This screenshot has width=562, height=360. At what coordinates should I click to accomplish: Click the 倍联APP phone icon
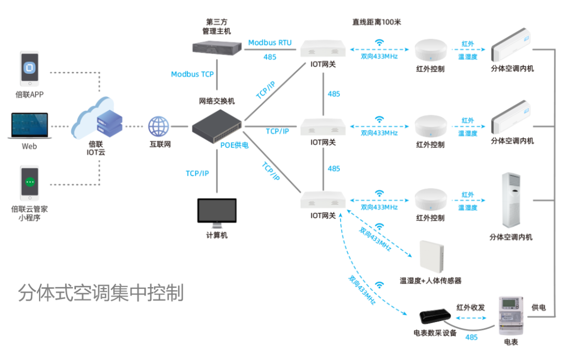click(x=30, y=69)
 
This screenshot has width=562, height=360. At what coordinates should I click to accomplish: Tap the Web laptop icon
click(x=29, y=125)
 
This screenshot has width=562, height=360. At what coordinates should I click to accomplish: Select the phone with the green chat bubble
click(x=30, y=184)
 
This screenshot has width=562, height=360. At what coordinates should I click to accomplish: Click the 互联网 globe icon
click(x=159, y=126)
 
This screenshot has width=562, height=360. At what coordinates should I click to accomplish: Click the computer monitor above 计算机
click(x=216, y=212)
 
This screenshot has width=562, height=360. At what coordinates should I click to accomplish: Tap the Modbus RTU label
click(x=270, y=43)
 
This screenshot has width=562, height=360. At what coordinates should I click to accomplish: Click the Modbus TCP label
click(x=192, y=74)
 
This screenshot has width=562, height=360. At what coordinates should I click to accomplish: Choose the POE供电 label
click(x=234, y=145)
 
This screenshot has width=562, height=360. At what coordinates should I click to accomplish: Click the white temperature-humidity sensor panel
click(x=430, y=257)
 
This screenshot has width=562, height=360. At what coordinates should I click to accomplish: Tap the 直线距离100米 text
click(x=376, y=22)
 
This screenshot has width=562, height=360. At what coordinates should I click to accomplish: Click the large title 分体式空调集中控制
click(x=101, y=293)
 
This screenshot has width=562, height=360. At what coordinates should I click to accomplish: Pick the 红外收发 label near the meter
click(x=470, y=307)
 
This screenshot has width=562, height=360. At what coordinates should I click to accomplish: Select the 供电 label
click(x=539, y=307)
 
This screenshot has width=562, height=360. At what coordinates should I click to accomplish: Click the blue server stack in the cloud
click(x=110, y=123)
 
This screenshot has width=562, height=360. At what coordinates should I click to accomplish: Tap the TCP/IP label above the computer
click(x=197, y=173)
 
